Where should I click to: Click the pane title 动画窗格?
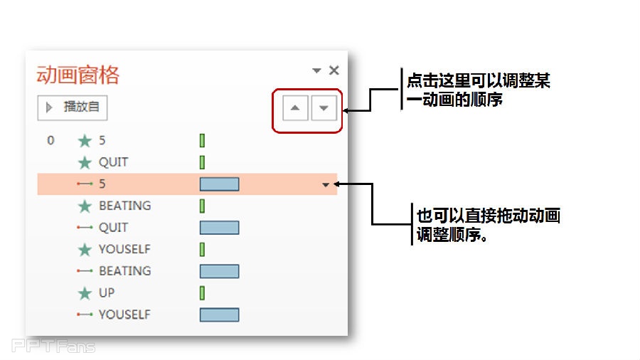pos(78,75)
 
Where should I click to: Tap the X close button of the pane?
pos(334,70)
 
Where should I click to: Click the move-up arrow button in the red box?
pos(296,109)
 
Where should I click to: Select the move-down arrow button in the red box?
pos(324,109)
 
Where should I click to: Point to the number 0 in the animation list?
pos(50,140)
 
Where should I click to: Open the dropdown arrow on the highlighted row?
pos(326,185)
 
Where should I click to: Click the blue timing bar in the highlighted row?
pos(219,184)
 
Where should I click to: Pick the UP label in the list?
pos(107,292)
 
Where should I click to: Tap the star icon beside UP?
pos(85,292)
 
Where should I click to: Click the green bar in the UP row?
pos(202,292)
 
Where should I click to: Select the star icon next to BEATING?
pos(85,206)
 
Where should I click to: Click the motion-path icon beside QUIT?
pos(85,228)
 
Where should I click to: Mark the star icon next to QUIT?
pos(85,163)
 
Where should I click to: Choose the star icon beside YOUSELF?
pos(85,250)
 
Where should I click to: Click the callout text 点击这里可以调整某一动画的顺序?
pos(478,90)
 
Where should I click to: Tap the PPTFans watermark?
pos(53,346)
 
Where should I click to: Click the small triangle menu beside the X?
pos(316,70)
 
